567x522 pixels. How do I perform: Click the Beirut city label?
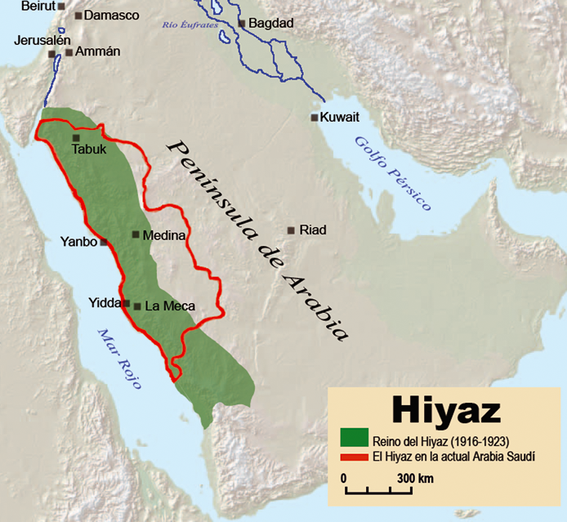point(36,5)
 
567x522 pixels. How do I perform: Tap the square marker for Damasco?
point(78,16)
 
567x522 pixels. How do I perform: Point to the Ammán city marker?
point(69,52)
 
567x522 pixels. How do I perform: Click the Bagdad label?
point(270,23)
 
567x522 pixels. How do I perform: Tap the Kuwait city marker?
point(315,118)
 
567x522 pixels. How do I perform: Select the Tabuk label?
point(89,150)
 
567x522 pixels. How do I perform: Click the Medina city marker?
point(136,234)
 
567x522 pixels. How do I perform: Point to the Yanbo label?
point(78,242)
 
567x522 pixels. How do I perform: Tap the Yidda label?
point(105,304)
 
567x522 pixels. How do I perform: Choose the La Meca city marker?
point(137,306)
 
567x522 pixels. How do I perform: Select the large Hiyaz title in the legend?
point(445,408)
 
